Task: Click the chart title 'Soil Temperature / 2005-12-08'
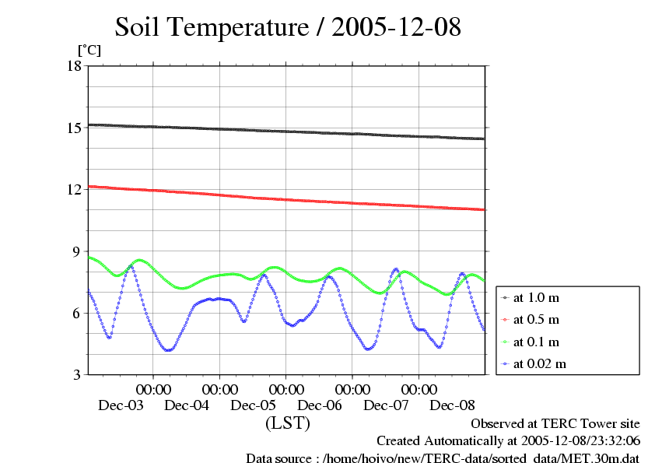click(289, 28)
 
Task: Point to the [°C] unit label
click(89, 51)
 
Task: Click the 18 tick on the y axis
click(74, 65)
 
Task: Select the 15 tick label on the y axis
click(74, 128)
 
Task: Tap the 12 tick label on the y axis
click(74, 189)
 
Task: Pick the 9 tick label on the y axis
click(77, 251)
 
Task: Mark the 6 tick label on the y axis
click(77, 313)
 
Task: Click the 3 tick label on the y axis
click(77, 375)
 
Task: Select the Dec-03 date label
click(121, 405)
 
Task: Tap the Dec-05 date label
click(254, 405)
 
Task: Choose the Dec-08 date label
click(453, 405)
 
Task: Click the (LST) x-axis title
click(288, 424)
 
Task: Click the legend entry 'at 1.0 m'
click(536, 298)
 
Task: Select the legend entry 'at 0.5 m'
click(536, 320)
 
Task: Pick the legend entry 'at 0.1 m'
click(536, 342)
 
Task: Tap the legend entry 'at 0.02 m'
click(539, 363)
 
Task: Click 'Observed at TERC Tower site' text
click(555, 424)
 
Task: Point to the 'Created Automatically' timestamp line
click(508, 440)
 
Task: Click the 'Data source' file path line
click(443, 457)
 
